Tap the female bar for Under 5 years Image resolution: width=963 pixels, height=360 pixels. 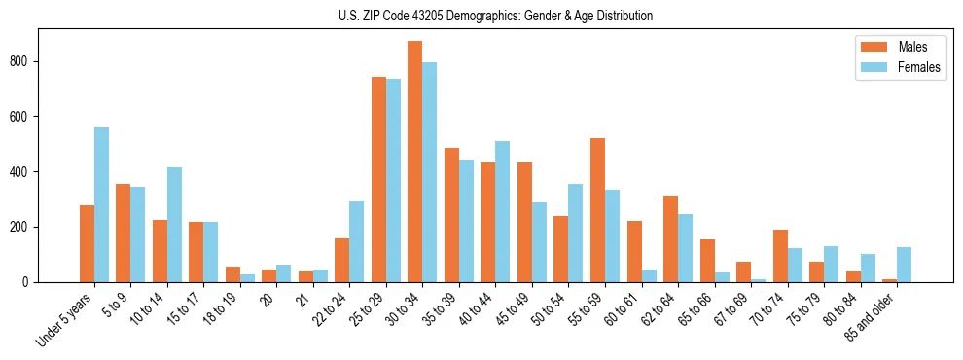(101, 204)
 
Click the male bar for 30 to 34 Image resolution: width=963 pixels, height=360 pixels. (414, 162)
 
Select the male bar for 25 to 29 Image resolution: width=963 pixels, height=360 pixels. (378, 179)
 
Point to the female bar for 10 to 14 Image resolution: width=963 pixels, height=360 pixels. (174, 225)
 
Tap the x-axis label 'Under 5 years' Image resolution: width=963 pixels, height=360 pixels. (64, 316)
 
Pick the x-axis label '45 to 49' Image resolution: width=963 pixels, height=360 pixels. (513, 309)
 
